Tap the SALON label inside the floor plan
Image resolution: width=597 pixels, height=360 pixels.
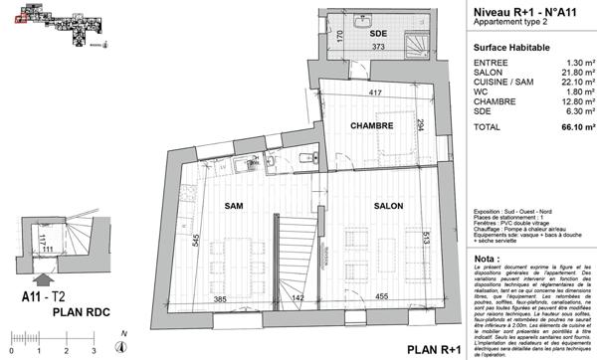(387, 205)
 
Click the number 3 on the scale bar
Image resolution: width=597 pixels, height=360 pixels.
(93, 352)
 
